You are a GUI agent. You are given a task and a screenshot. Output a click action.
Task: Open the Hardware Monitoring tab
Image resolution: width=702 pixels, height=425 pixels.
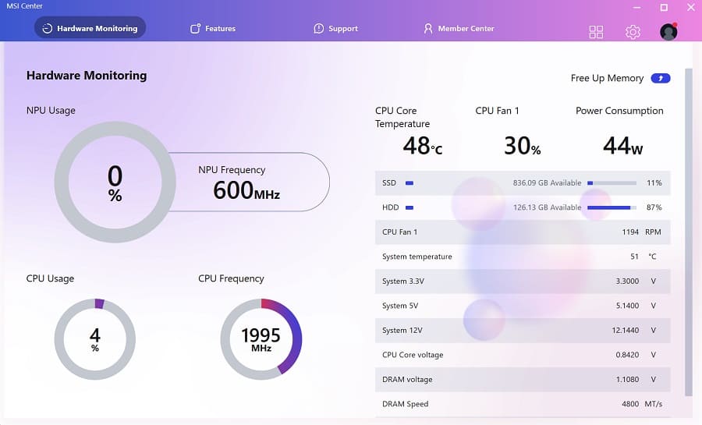90,28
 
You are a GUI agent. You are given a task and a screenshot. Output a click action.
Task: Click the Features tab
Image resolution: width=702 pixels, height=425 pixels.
213,28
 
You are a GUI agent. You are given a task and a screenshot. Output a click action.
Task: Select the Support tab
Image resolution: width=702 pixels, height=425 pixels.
335,28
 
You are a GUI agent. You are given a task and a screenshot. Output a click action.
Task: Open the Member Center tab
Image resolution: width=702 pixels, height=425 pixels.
459,28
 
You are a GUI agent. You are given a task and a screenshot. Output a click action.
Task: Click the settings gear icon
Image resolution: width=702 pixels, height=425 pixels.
633,32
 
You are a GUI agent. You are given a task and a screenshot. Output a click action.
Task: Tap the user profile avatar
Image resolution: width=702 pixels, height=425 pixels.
668,32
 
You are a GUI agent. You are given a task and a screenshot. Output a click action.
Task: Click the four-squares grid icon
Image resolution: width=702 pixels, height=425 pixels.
596,32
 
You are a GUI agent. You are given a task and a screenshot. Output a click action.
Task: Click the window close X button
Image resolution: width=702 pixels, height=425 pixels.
689,7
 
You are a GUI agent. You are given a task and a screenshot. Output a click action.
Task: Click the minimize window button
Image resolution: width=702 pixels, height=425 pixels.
639,7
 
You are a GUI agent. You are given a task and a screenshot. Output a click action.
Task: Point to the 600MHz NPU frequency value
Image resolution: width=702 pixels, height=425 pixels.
246,190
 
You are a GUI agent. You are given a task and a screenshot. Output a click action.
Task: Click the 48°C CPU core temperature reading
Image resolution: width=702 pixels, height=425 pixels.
422,145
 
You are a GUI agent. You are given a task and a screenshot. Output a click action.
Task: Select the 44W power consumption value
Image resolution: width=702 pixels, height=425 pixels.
622,145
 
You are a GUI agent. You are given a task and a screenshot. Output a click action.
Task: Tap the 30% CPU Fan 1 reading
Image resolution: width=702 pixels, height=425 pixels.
522,145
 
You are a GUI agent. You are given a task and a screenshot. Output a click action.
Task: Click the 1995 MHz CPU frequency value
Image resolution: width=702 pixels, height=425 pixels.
261,338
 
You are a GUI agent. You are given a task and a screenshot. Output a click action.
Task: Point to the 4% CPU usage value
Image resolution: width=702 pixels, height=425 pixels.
95,338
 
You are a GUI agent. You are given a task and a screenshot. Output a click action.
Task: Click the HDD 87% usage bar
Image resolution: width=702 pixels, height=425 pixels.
611,207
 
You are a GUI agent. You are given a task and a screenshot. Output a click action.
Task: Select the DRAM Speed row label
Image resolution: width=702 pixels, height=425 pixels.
405,404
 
